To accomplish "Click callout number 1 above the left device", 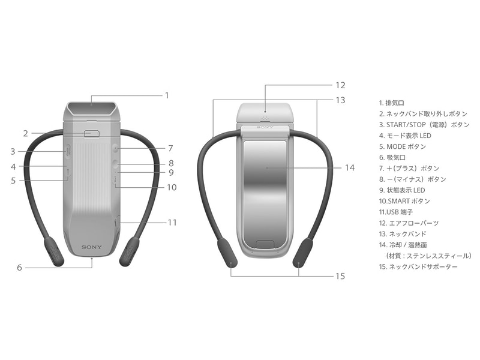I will (167, 95).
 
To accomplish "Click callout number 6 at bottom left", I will (19, 268).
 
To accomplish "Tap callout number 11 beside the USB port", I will (172, 222).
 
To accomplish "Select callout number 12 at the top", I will (340, 85).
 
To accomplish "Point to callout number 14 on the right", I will (349, 168).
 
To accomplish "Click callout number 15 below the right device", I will (340, 276).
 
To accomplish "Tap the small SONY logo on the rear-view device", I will (265, 127).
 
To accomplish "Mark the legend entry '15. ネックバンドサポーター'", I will (418, 266).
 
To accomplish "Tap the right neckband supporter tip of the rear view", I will (302, 254).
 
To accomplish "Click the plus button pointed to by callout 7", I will (115, 148).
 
